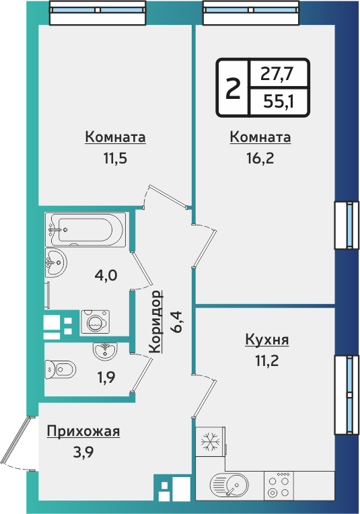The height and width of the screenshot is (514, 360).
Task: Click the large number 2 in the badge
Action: (232, 87)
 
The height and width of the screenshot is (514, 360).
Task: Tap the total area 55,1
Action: (278, 102)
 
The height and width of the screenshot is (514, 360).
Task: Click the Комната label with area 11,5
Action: (116, 137)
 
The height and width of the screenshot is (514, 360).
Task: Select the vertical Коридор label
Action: (155, 322)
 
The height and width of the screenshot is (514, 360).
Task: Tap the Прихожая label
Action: (83, 431)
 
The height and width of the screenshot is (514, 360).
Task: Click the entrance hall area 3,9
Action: (83, 451)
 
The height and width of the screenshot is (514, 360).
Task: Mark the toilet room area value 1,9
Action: (106, 377)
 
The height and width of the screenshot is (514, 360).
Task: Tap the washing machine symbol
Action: (95, 322)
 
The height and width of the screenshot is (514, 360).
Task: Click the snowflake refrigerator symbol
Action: (211, 443)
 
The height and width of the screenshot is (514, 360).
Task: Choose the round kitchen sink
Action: (233, 484)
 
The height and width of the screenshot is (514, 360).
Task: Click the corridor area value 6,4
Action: (177, 322)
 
